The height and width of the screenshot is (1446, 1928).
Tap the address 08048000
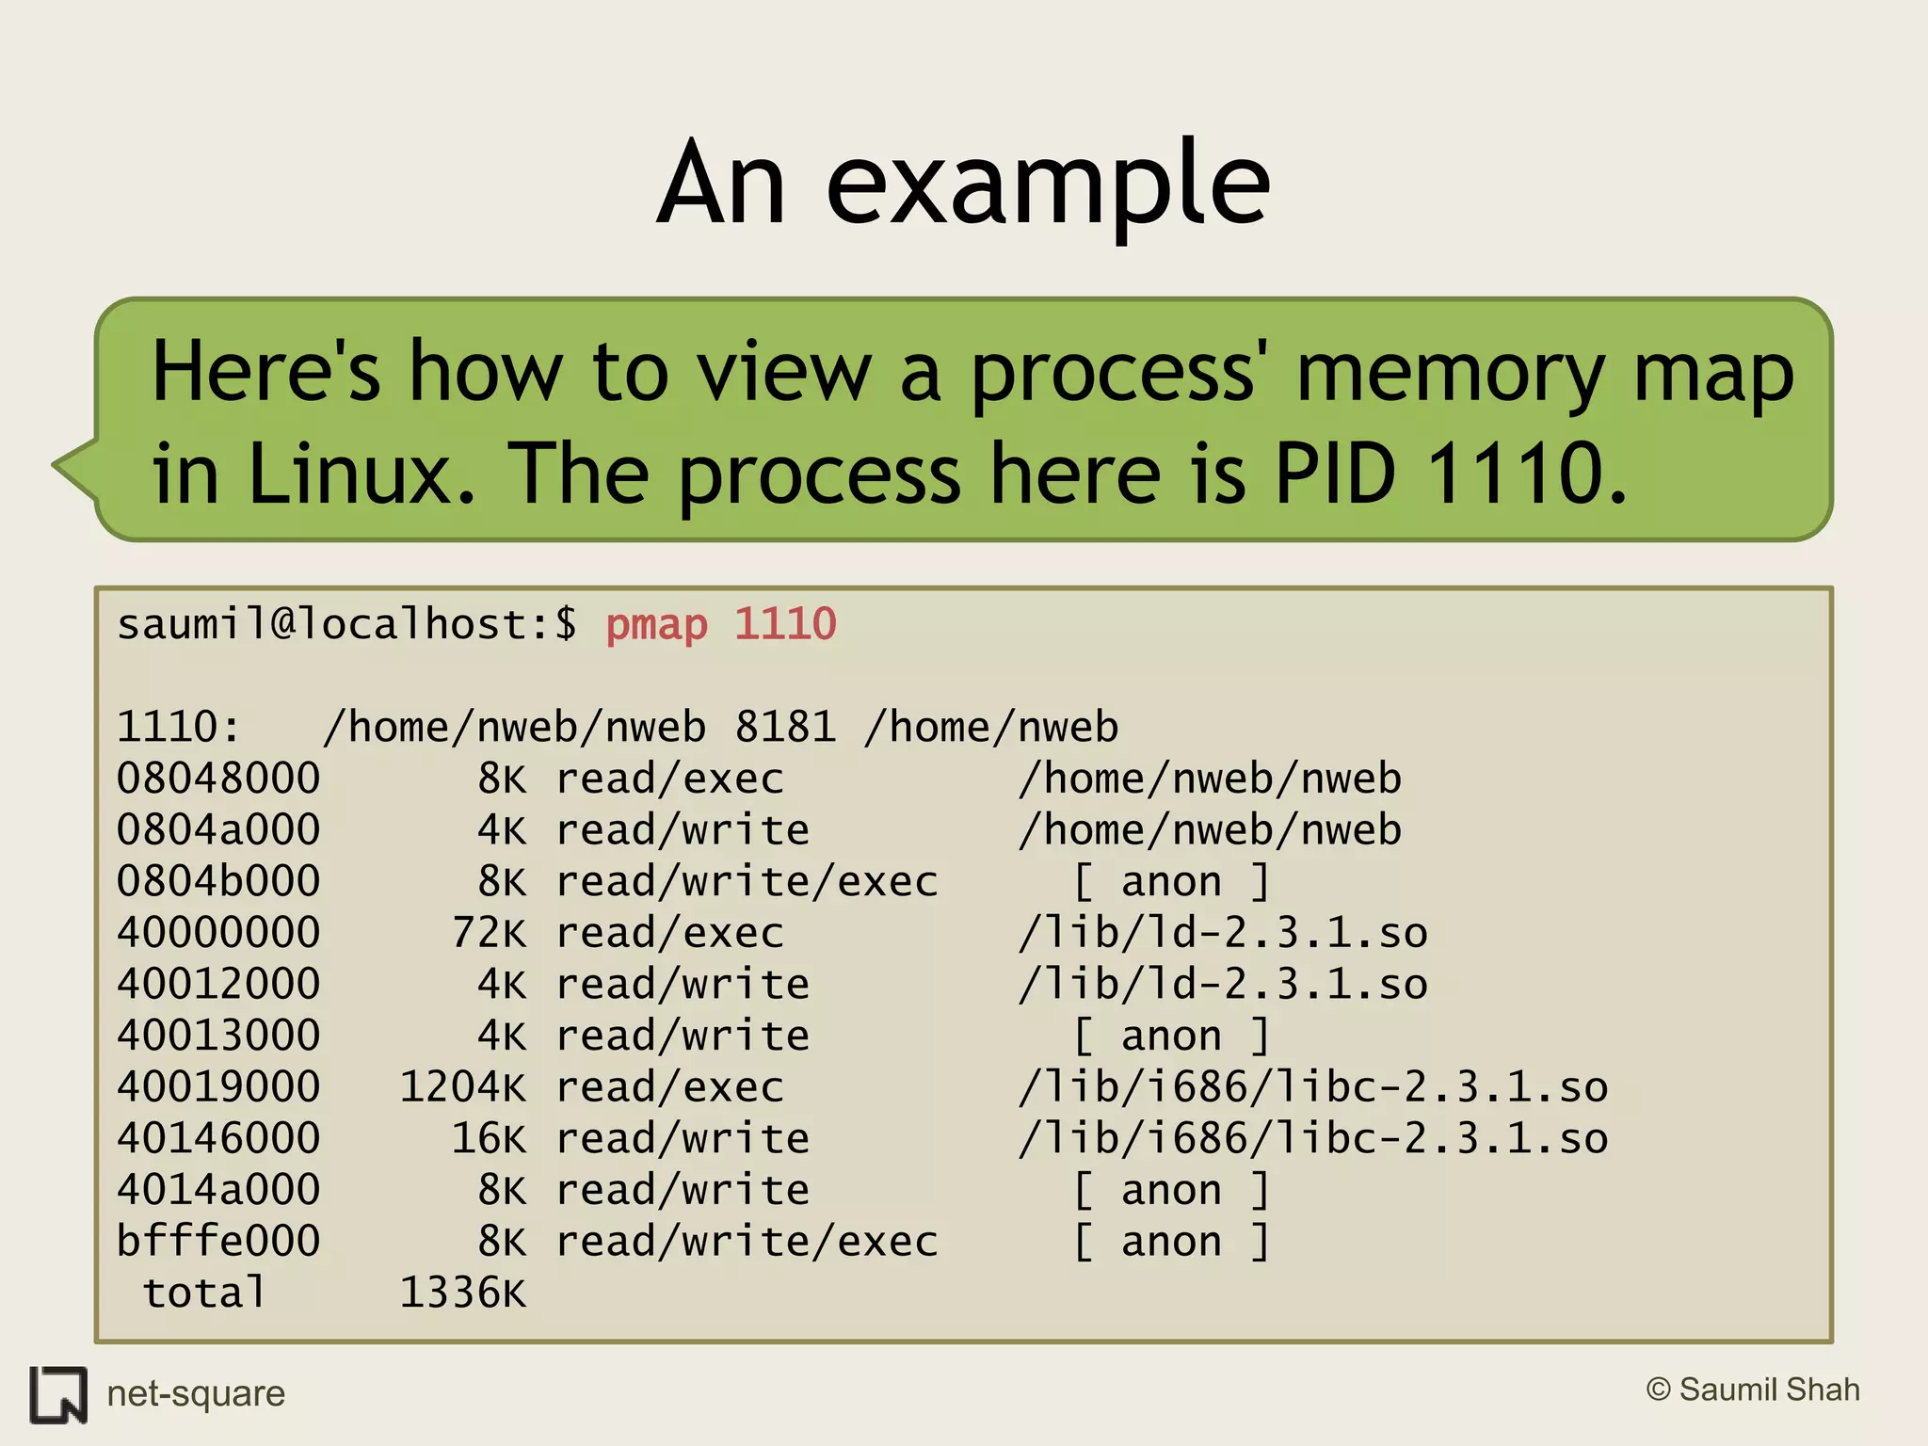pos(218,779)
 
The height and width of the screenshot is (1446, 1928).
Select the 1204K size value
pos(462,1087)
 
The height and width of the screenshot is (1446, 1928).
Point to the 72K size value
pos(489,933)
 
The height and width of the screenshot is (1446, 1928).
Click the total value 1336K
pos(462,1293)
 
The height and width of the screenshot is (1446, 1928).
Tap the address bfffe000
pos(218,1242)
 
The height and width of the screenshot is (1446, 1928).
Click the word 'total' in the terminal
pos(204,1293)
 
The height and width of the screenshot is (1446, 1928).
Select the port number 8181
pos(785,728)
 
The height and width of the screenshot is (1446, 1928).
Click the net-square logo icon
pos(58,1394)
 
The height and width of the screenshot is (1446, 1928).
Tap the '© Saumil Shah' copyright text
pos(1753,1390)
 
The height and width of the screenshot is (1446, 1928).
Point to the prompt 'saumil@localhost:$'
pos(346,625)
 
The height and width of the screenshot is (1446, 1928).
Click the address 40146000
pos(218,1138)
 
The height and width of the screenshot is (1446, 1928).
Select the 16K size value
pos(489,1138)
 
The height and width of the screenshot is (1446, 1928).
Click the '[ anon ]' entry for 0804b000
pos(1171,882)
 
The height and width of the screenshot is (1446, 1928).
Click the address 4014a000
pos(218,1190)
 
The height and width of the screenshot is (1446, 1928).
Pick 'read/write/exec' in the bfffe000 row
pos(747,1242)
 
